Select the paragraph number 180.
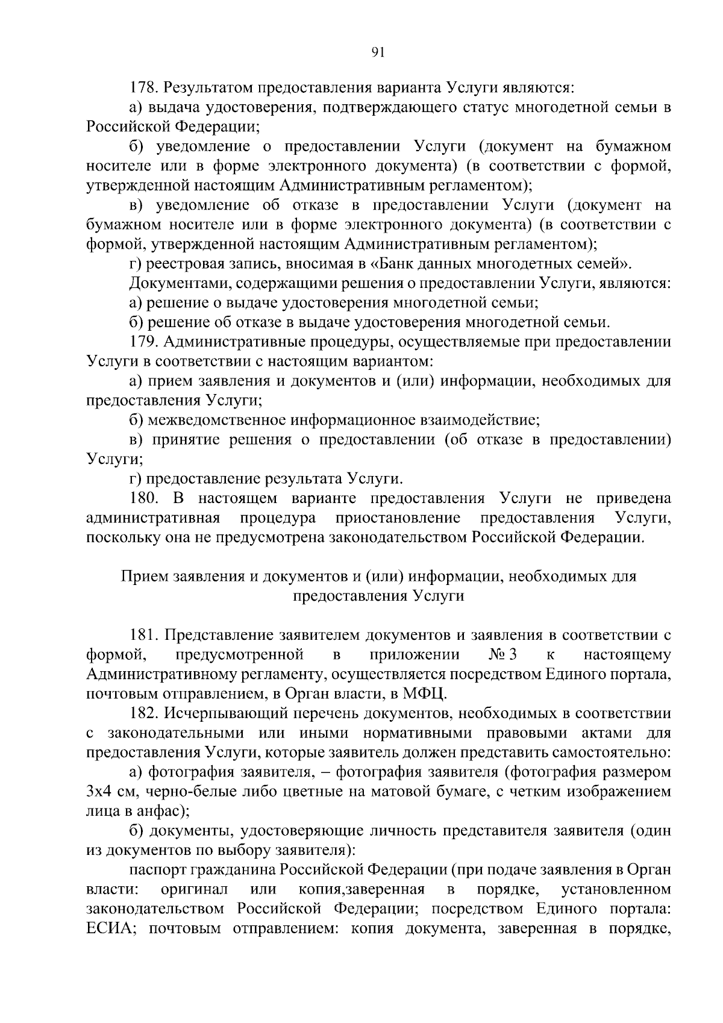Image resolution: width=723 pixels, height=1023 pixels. [143, 498]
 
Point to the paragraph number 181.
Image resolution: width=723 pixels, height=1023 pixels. [143, 635]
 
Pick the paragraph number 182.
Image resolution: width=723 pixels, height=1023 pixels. [143, 713]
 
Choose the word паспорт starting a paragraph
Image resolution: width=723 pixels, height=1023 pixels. [158, 870]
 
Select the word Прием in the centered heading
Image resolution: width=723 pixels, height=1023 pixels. [145, 577]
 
